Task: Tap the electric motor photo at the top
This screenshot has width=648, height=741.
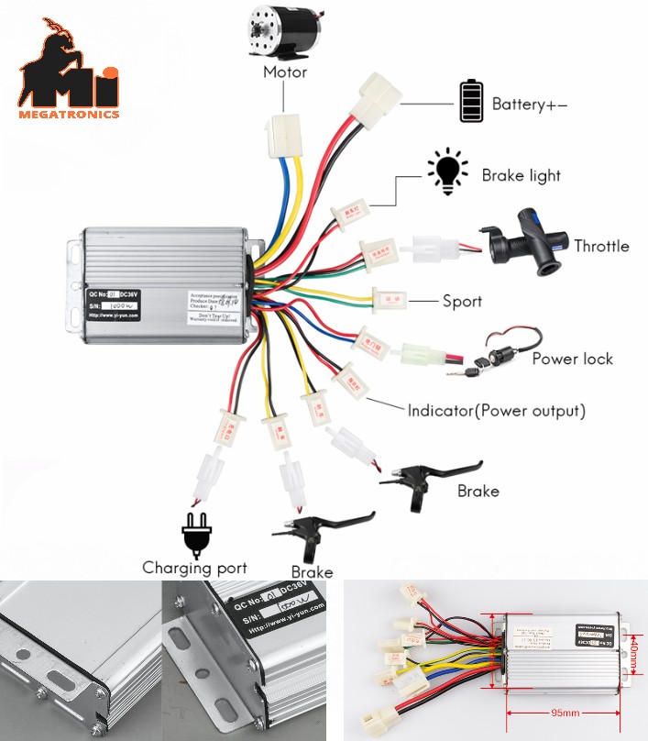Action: click(x=284, y=31)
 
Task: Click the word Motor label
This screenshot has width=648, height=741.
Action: click(x=285, y=72)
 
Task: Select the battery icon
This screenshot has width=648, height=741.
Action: click(x=471, y=102)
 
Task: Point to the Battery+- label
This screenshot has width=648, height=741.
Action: click(x=529, y=105)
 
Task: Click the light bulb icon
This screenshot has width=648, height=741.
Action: click(x=446, y=171)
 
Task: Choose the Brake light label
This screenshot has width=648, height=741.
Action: click(x=521, y=175)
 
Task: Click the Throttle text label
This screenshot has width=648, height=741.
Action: click(x=601, y=246)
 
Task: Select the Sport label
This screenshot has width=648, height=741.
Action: click(x=462, y=301)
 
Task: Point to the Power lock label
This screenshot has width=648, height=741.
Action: click(x=572, y=359)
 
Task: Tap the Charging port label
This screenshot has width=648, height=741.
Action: click(x=194, y=568)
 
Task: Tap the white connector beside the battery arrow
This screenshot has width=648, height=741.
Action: click(x=376, y=94)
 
